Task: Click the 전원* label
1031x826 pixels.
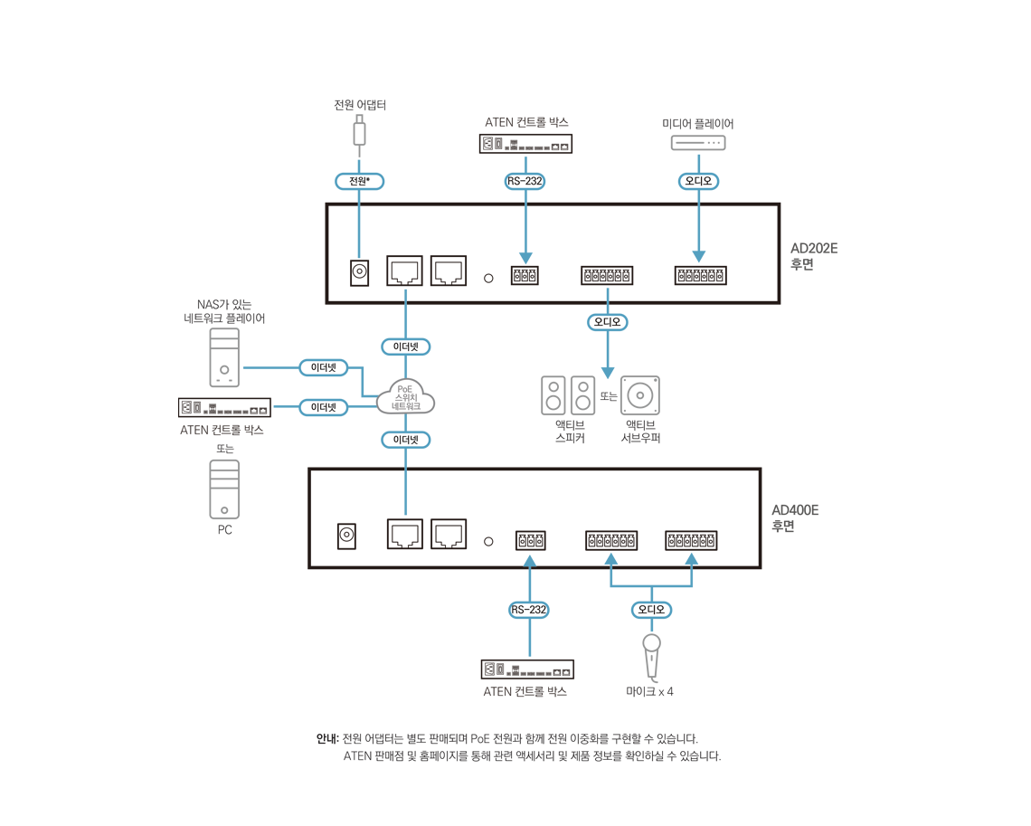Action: click(x=359, y=181)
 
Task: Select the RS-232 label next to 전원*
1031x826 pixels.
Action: click(x=525, y=181)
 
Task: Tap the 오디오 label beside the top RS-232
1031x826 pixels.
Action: click(x=698, y=181)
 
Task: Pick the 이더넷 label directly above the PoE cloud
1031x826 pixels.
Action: click(x=405, y=347)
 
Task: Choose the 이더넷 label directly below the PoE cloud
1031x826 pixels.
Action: click(x=405, y=440)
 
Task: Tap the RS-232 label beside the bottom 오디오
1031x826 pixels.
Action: click(x=529, y=610)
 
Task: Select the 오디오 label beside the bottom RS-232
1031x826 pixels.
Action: click(x=651, y=610)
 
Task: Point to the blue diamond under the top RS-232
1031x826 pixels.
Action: click(x=527, y=237)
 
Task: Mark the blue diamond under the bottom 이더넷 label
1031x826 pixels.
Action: click(x=403, y=493)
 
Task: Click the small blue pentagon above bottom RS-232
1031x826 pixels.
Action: click(x=529, y=560)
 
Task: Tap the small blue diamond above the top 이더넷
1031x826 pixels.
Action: click(x=406, y=294)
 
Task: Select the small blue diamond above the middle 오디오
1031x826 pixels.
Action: click(x=608, y=294)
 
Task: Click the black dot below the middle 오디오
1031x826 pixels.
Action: click(x=608, y=395)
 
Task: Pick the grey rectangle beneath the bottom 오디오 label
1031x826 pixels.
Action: click(x=665, y=652)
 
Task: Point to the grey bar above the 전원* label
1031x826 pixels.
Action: click(x=353, y=139)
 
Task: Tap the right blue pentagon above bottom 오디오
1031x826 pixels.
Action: click(x=691, y=558)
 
